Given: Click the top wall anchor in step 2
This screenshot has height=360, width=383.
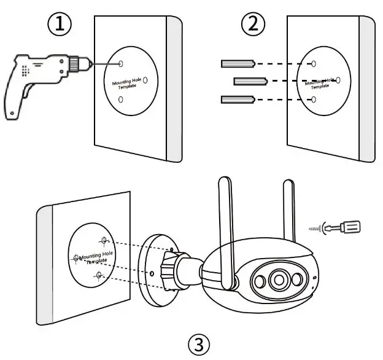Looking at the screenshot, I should click(x=236, y=63).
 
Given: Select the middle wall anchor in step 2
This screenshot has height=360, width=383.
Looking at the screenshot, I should click(x=249, y=80).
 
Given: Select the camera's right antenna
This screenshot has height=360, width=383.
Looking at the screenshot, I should click(x=289, y=206).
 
